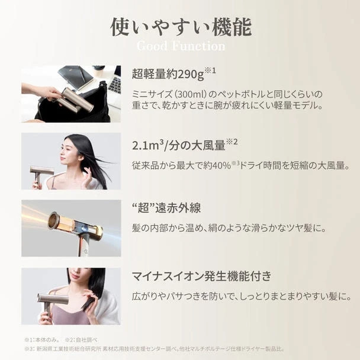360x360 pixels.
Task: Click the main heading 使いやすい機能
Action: (180, 26)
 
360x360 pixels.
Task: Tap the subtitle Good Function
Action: (180, 46)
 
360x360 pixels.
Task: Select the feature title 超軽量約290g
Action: (168, 75)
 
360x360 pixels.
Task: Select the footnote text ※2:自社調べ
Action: (78, 340)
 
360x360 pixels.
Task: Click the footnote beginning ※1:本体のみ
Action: (41, 340)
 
